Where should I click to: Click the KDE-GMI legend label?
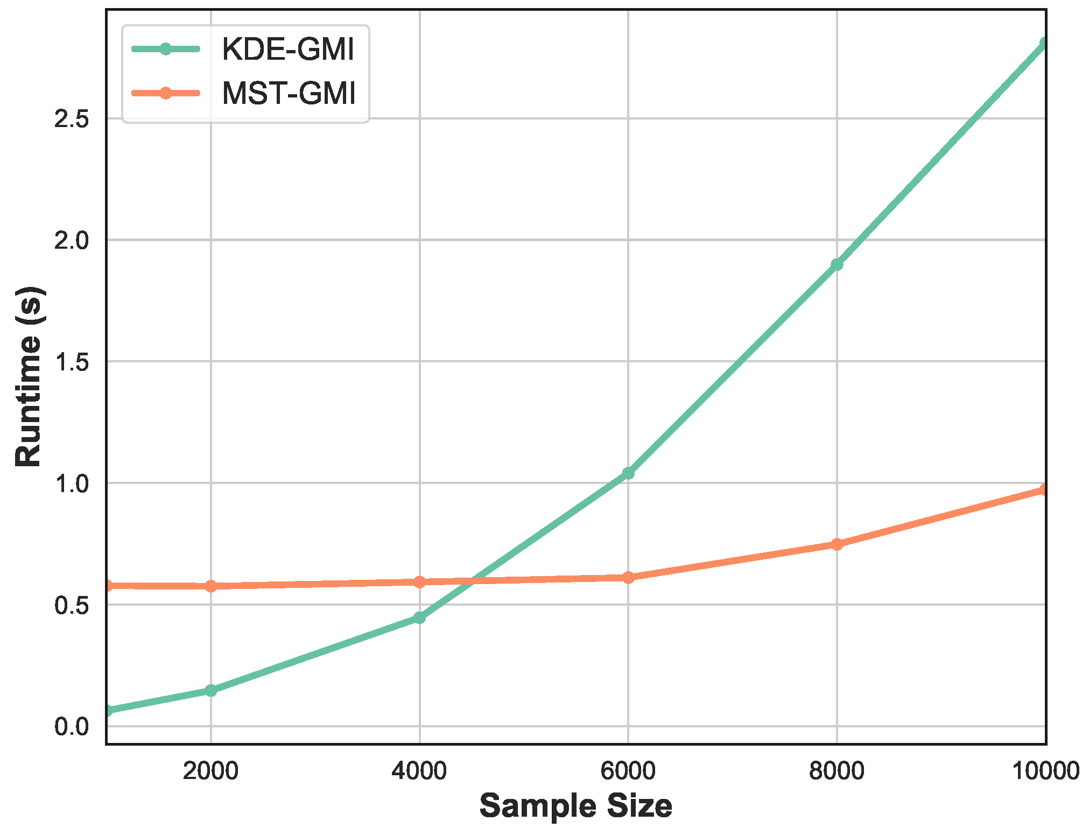pos(288,50)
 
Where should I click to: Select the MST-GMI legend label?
pos(289,93)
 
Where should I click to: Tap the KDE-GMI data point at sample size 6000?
pos(628,473)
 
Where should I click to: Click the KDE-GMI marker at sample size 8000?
pos(837,264)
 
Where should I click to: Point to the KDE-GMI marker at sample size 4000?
pos(419,618)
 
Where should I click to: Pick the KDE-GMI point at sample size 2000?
pos(210,690)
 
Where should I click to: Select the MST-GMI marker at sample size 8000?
pos(837,544)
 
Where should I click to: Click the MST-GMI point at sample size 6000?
pos(628,578)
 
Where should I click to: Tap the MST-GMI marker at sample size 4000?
pos(419,582)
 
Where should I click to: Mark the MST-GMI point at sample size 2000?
pos(210,586)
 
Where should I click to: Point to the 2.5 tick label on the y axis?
pos(72,119)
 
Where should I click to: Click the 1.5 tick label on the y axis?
pos(72,362)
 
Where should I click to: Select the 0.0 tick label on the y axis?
pos(72,727)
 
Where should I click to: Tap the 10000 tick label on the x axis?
pos(1046,771)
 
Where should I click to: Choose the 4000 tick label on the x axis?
pos(419,771)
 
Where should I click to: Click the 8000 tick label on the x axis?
pos(837,771)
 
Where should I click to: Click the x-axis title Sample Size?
pos(575,806)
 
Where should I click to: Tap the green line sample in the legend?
pos(166,49)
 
